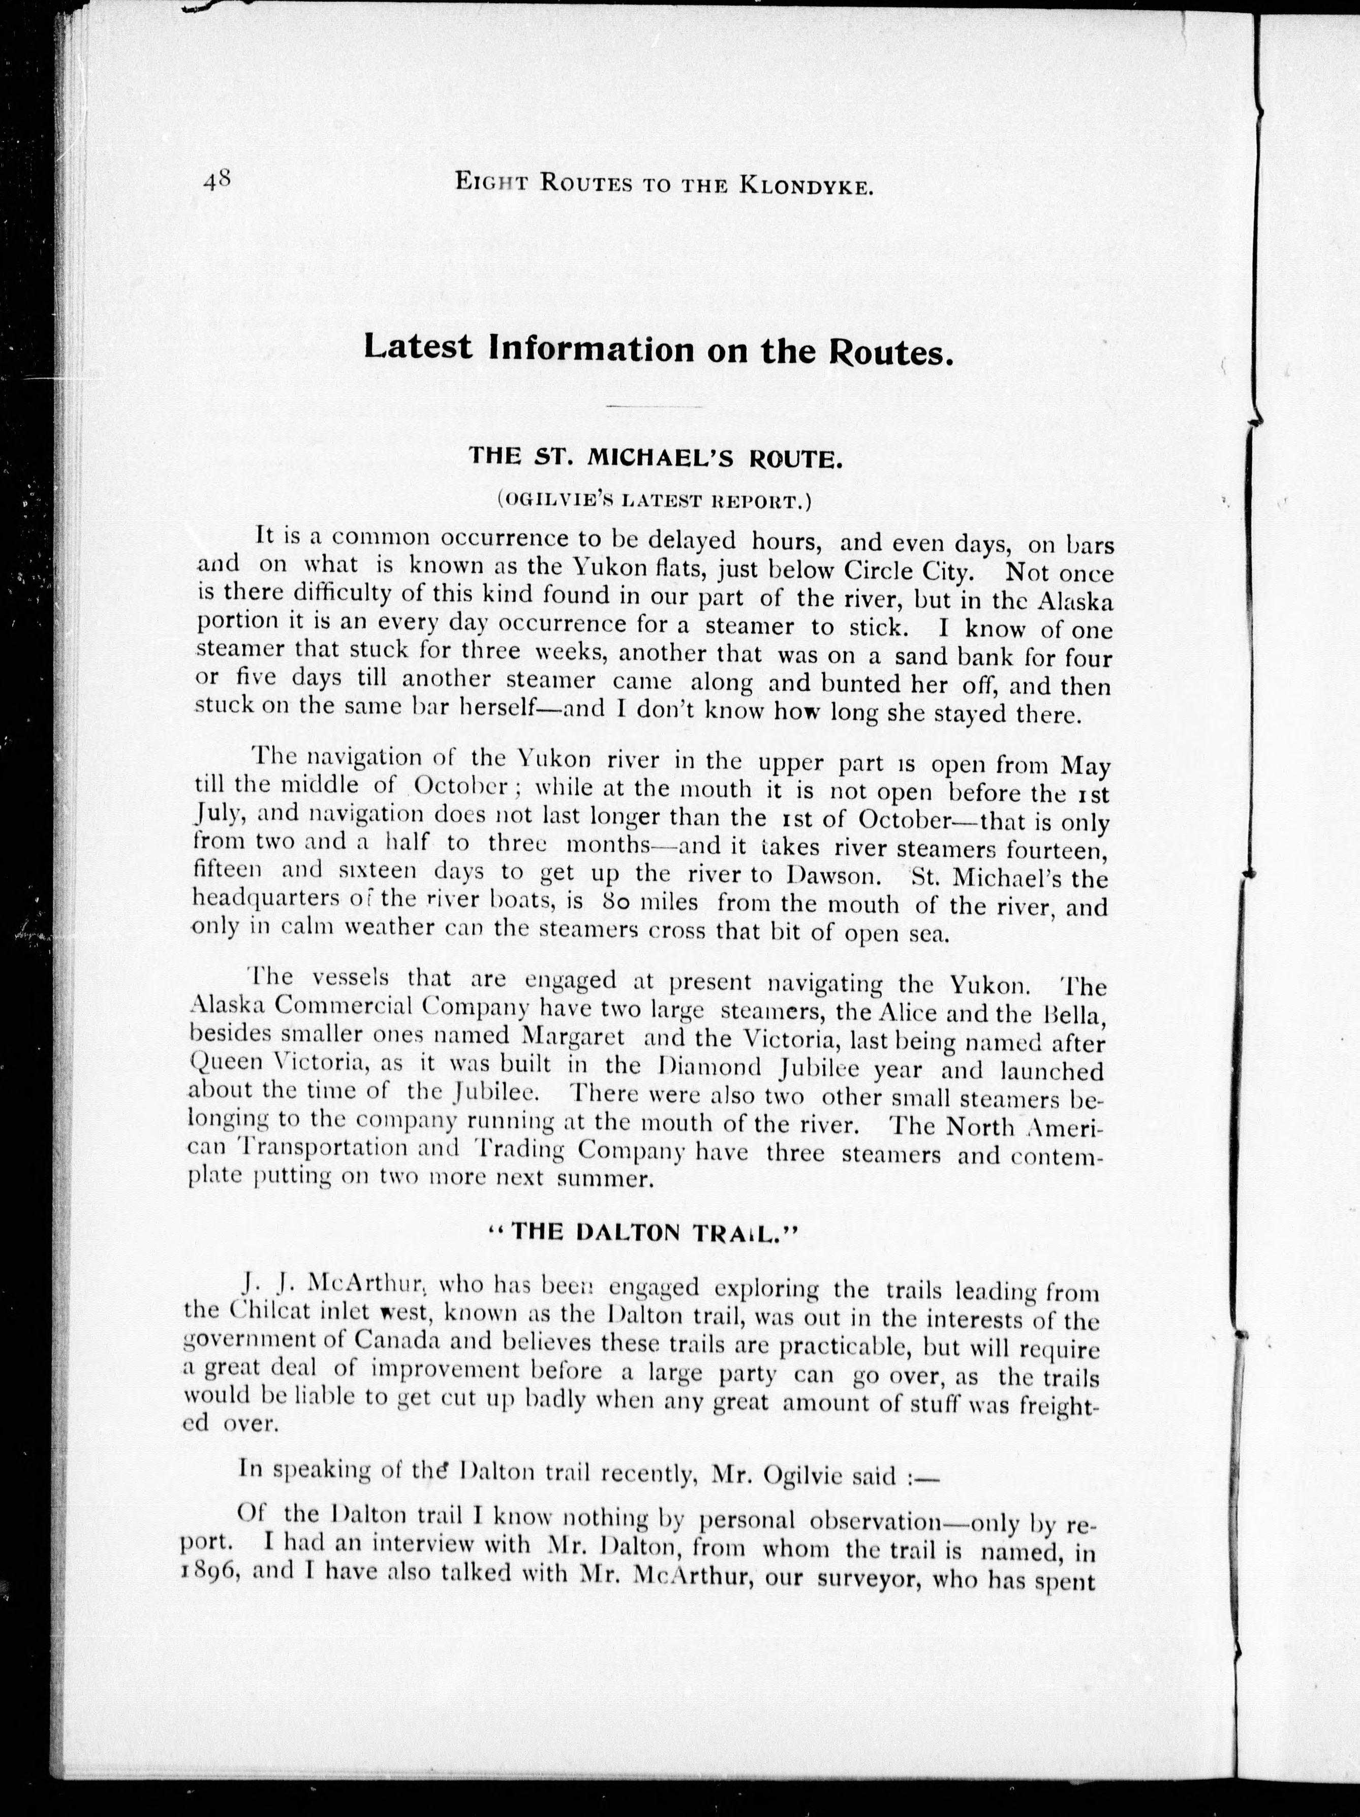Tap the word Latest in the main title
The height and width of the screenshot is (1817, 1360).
[418, 348]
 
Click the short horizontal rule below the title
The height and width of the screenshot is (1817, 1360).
[656, 406]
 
